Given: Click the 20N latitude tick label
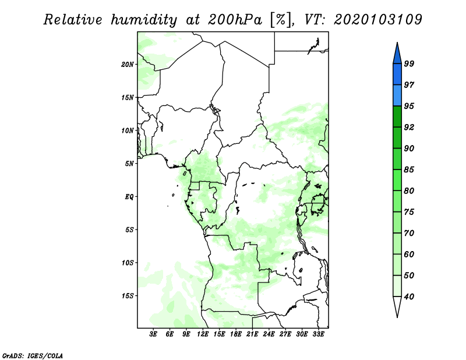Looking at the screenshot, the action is coord(128,65).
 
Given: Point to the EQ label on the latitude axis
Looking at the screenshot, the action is coord(129,197).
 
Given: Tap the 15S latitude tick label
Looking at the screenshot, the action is coord(128,296).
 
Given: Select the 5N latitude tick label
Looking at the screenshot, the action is coord(129,164).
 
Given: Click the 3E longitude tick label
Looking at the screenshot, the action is coord(153,334).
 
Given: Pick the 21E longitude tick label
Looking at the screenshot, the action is coord(252,334).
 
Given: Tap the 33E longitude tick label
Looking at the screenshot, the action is coord(318,334).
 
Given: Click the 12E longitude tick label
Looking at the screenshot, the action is coord(203,334).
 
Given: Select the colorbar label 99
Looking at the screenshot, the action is coord(409,63).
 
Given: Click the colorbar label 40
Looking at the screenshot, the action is coord(409,297).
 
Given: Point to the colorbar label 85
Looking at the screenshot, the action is coord(409,170).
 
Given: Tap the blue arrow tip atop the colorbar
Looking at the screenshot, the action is coord(397,43).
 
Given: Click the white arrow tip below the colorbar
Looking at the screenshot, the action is coord(397,317).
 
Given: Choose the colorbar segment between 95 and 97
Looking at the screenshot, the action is coord(397,96).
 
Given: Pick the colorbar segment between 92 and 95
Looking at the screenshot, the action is coord(397,117).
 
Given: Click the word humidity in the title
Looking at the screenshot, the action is coord(144,20).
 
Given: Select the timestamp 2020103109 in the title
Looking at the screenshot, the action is coord(377,20).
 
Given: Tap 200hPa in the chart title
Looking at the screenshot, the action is coord(235,20).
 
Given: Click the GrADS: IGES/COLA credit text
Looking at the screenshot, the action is coord(33,356).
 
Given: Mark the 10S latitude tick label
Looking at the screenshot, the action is coord(128,263).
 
